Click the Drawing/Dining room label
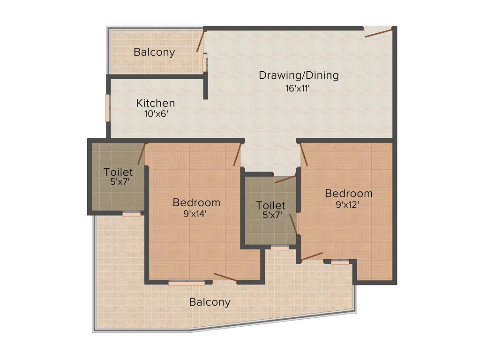[299, 75]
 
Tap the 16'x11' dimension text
[298, 89]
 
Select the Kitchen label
[156, 103]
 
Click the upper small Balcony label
[154, 52]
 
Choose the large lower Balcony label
[210, 302]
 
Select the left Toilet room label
[118, 172]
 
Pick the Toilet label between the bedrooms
[270, 205]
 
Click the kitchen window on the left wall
[107, 107]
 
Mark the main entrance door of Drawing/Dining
[379, 31]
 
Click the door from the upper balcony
[201, 41]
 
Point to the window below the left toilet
[132, 214]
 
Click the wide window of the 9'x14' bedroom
[187, 283]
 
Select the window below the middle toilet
[280, 247]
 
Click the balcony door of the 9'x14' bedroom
[225, 277]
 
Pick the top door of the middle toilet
[285, 179]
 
